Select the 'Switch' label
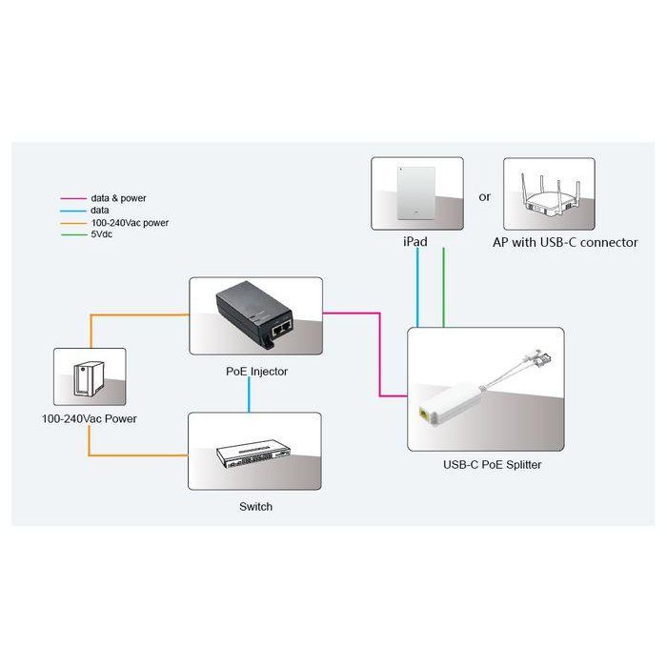tap(255, 506)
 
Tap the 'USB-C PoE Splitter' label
tap(486, 466)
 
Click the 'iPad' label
tap(415, 242)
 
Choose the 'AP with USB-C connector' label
tap(565, 242)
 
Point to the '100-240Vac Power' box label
tap(89, 418)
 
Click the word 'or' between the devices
tap(485, 197)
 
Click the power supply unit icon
tap(88, 378)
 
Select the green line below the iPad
tap(444, 286)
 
